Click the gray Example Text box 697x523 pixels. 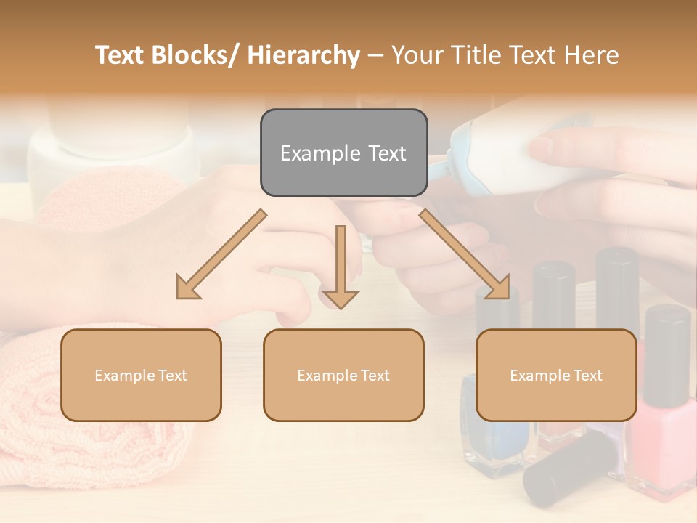pos(343,153)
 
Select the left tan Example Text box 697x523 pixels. pos(141,375)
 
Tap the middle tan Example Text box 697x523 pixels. pos(343,375)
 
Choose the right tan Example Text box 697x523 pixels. pos(556,375)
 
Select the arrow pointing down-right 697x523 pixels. pos(465,255)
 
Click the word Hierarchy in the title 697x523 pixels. pos(303,55)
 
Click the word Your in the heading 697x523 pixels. pos(418,55)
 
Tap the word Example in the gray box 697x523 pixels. pos(319,153)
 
